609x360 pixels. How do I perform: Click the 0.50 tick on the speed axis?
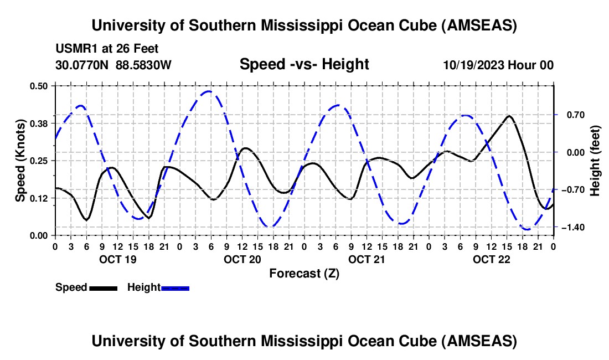(x=40, y=85)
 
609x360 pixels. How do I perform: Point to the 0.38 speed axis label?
(x=40, y=123)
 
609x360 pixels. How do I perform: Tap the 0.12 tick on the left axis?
(x=40, y=198)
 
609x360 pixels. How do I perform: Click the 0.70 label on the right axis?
(x=572, y=115)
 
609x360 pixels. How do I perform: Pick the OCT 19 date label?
(x=117, y=259)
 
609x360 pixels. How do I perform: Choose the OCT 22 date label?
(x=491, y=259)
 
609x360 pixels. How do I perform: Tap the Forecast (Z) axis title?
(x=304, y=273)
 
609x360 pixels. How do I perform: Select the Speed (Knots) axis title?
(x=20, y=160)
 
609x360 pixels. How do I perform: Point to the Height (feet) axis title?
(x=595, y=160)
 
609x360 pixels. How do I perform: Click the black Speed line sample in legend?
(x=103, y=287)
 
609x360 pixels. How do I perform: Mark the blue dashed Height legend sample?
(x=175, y=287)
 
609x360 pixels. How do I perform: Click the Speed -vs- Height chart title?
(x=304, y=64)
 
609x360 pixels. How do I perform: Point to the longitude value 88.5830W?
(x=143, y=65)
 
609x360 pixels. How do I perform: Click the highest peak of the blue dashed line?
(x=208, y=91)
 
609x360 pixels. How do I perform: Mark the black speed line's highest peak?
(x=509, y=116)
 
